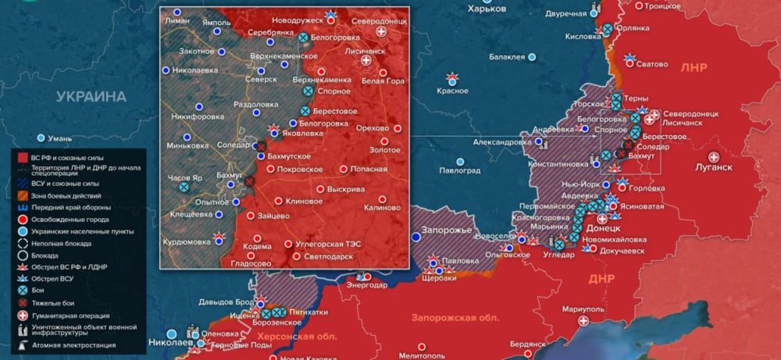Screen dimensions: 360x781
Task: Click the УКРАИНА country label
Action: (x=91, y=97)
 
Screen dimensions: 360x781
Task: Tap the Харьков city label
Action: (x=487, y=8)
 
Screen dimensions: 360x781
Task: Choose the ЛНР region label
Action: (x=693, y=67)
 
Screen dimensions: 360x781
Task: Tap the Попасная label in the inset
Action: (x=369, y=169)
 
